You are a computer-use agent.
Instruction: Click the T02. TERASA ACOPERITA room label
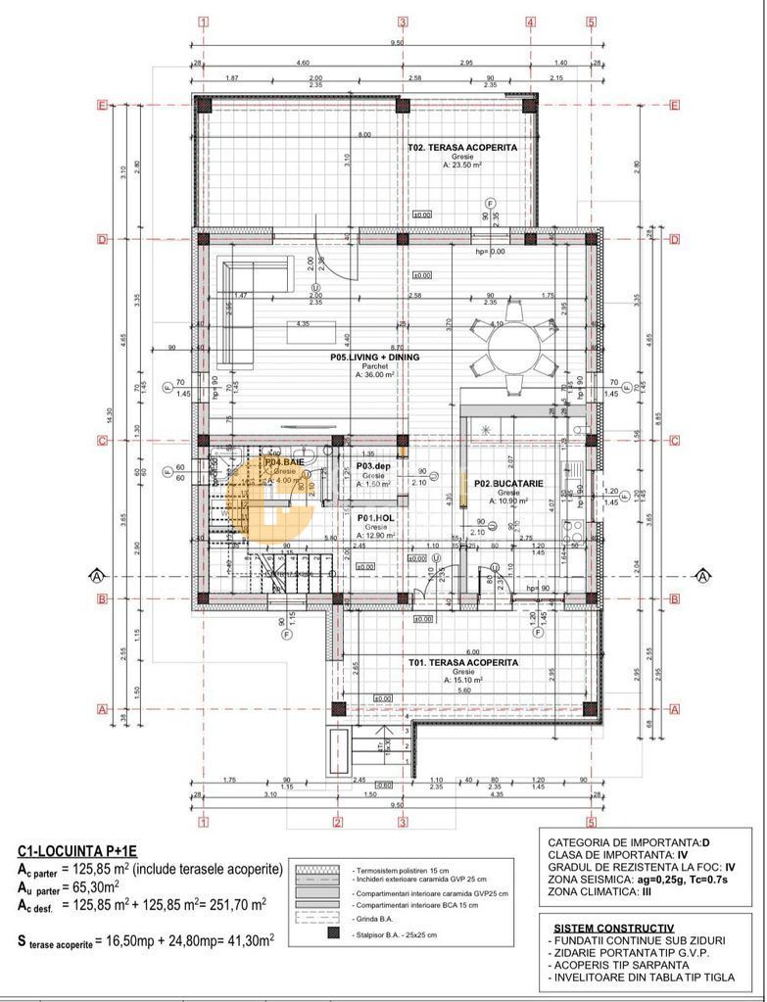462,148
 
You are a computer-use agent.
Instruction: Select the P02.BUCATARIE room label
502,483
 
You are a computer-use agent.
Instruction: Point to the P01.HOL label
373,518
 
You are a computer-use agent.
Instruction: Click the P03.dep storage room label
373,467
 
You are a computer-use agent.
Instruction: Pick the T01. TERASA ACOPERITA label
463,662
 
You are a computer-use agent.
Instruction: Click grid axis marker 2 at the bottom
336,823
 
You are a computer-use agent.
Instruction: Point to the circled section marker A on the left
96,575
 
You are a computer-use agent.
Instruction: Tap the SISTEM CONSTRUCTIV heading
612,926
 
